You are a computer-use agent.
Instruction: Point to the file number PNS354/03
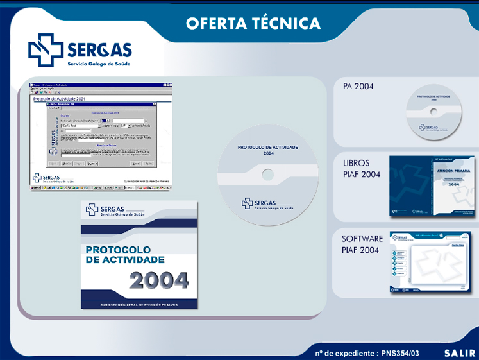click(399, 353)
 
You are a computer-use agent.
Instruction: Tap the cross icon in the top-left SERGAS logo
click(46, 50)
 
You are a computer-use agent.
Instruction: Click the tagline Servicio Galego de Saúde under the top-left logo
click(99, 64)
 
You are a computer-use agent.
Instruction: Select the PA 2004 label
click(358, 87)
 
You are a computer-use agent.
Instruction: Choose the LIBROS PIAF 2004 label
click(361, 169)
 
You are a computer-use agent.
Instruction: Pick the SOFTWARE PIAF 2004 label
click(362, 244)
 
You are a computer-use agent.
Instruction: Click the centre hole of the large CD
click(268, 174)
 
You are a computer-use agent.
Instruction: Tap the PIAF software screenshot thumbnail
click(430, 262)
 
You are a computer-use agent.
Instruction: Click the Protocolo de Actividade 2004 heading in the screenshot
click(59, 98)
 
